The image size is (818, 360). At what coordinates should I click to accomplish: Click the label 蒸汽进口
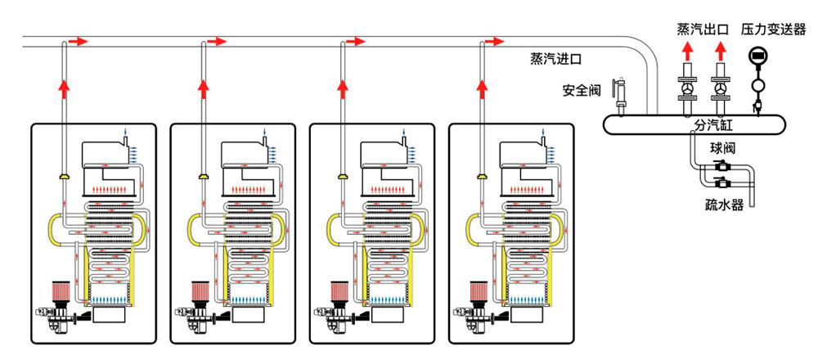click(x=555, y=59)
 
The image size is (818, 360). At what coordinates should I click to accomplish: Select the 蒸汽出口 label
click(x=703, y=29)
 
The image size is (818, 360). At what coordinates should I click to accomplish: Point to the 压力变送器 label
click(x=773, y=29)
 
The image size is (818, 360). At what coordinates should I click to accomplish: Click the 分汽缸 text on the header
click(x=694, y=125)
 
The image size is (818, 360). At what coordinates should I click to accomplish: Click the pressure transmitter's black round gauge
click(x=757, y=56)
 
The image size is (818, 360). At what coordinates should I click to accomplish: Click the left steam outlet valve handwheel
click(x=686, y=89)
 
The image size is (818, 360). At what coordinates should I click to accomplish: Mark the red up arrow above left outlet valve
click(x=686, y=54)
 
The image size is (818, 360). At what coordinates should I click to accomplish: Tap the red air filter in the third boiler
click(x=337, y=290)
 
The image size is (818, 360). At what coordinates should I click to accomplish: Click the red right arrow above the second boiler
click(x=216, y=40)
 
